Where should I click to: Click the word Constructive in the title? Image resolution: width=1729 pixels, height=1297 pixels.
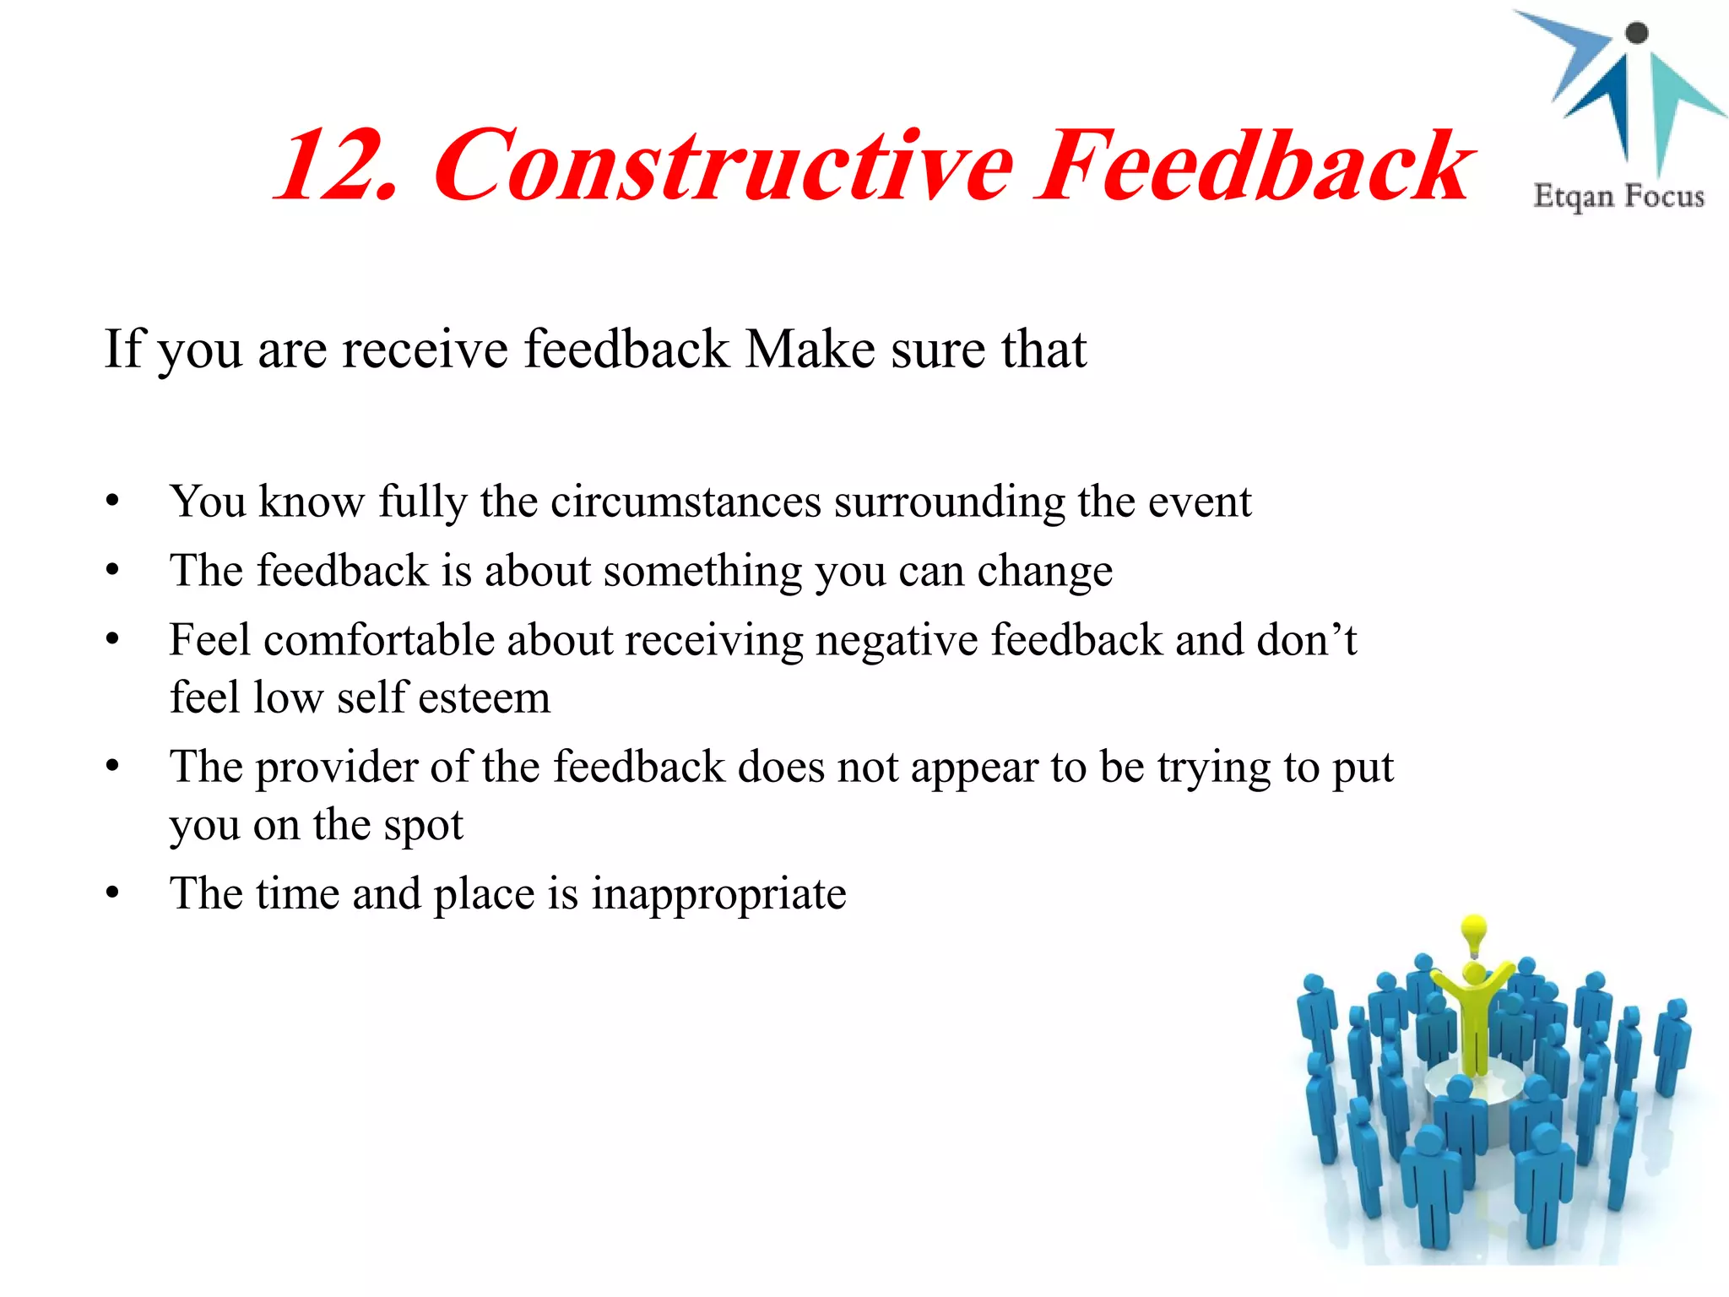point(724,166)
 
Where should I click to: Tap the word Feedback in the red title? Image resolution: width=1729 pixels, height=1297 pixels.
point(1255,166)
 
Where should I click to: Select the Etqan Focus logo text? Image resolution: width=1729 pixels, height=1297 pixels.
point(1618,196)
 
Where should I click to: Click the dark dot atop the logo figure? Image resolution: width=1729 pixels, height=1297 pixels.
point(1636,33)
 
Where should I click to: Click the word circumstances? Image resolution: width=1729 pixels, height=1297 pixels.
point(686,502)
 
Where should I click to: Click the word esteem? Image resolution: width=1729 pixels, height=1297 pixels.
point(484,698)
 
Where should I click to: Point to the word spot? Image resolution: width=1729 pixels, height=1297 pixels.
point(423,825)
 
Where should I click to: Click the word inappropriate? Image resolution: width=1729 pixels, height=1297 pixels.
point(718,894)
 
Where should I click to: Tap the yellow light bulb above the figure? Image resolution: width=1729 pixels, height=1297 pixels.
point(1474,931)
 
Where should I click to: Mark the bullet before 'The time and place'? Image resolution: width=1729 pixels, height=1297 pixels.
point(113,893)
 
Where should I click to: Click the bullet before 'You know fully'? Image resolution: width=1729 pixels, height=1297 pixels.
point(113,502)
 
